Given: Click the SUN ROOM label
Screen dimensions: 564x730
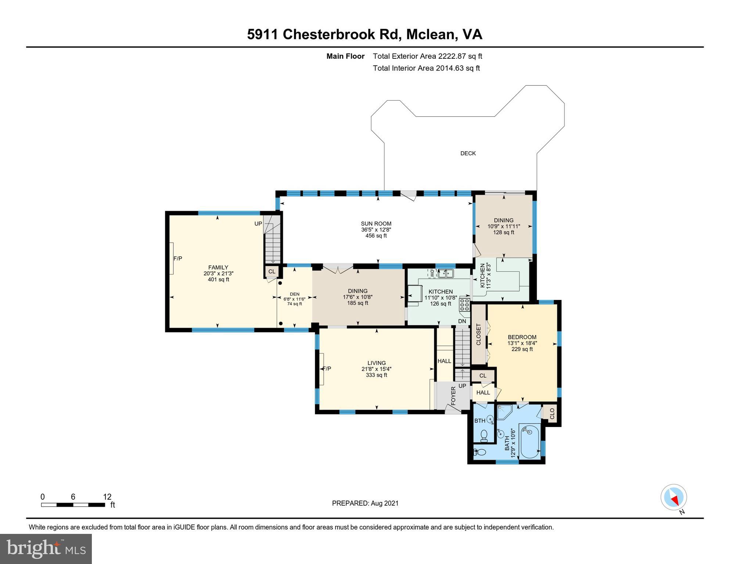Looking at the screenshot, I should click(x=376, y=224).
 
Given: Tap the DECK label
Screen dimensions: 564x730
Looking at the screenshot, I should click(x=468, y=153).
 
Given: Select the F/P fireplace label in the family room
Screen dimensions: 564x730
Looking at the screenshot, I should click(x=178, y=258).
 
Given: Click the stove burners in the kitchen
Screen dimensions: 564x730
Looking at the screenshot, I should click(x=464, y=305).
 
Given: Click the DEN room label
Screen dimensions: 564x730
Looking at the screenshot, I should click(x=294, y=294).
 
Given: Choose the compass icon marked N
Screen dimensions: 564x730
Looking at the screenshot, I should click(x=673, y=498).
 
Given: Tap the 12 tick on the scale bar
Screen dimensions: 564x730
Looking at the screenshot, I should click(x=107, y=497).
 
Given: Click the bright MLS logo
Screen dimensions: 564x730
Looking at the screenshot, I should click(x=46, y=549).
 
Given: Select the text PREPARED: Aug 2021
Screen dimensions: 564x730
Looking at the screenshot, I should click(x=365, y=503).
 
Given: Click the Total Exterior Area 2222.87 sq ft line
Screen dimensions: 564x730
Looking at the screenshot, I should click(x=427, y=56).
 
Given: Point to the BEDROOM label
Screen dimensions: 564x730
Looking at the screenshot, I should click(x=522, y=337).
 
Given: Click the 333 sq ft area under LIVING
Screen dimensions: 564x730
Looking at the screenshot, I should click(x=376, y=375).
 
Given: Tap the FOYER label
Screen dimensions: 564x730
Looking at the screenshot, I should click(x=453, y=396).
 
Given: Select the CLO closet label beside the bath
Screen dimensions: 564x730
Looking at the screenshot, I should click(x=552, y=414).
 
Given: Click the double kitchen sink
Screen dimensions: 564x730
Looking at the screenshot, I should click(x=446, y=273).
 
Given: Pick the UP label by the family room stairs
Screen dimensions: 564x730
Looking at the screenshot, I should click(x=258, y=224).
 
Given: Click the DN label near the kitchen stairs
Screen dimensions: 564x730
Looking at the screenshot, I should click(x=462, y=321).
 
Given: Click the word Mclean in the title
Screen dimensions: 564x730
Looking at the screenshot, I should click(x=431, y=35).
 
